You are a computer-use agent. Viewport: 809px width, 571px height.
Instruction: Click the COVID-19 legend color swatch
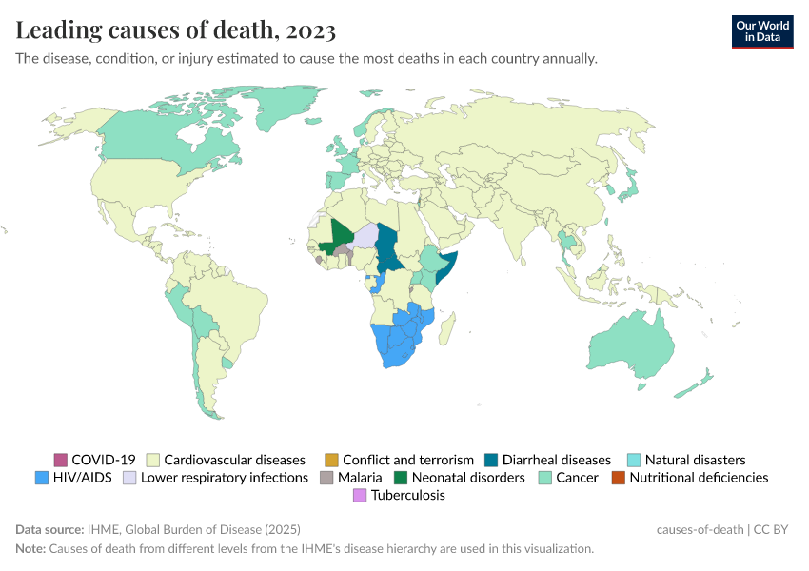[61, 460]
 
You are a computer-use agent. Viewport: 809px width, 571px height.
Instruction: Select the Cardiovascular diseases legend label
[234, 460]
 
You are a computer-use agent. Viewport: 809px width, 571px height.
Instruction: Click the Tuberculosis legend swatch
[359, 495]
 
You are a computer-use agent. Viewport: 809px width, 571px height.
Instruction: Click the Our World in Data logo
[761, 31]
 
